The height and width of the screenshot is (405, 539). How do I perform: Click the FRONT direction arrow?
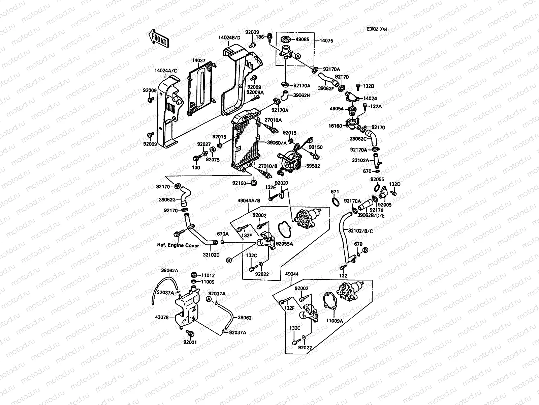click(x=158, y=38)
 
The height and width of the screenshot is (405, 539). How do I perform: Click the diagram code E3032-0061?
click(x=377, y=29)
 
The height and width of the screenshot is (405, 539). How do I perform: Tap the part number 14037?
click(x=199, y=60)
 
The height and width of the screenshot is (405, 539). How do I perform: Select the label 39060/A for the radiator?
click(x=277, y=143)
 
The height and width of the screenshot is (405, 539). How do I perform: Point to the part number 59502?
click(x=313, y=166)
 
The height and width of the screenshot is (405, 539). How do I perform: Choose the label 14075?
click(x=326, y=40)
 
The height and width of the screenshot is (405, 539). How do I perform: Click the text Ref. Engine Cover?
click(x=178, y=245)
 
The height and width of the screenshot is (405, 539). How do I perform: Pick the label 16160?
click(x=336, y=126)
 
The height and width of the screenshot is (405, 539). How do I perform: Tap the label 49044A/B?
click(x=249, y=200)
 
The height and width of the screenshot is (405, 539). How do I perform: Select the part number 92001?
click(x=190, y=342)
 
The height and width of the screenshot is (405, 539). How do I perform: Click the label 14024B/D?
click(x=230, y=38)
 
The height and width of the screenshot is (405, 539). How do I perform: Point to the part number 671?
click(x=335, y=192)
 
